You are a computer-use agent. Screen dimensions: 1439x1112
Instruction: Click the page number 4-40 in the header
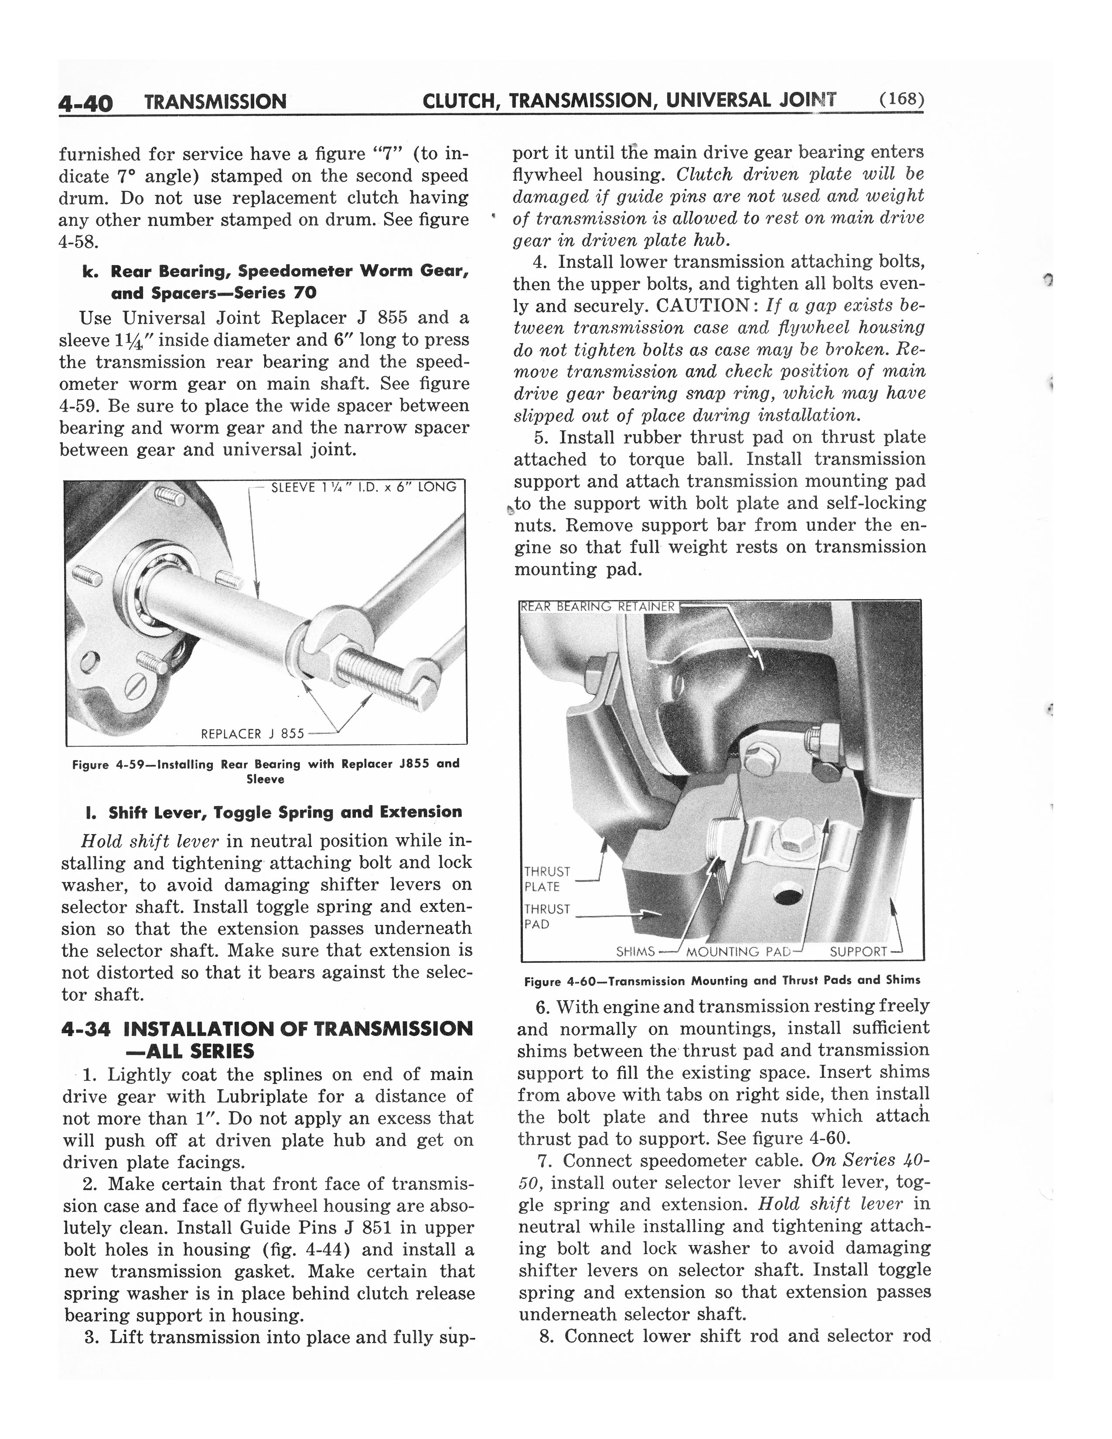[85, 103]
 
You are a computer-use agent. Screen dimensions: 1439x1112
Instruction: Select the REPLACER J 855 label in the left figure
[252, 733]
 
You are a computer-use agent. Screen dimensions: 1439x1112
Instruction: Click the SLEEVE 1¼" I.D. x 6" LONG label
[364, 487]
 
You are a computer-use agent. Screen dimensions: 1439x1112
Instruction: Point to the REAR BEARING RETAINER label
[598, 606]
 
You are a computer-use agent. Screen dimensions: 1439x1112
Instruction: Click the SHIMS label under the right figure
[635, 951]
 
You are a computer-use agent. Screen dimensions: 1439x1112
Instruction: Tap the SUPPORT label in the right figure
[858, 951]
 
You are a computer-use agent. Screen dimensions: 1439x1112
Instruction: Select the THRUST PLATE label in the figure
[547, 879]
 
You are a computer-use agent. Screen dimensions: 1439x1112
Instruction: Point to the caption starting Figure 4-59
[266, 771]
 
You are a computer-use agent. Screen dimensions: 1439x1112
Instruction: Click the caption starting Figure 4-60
[722, 980]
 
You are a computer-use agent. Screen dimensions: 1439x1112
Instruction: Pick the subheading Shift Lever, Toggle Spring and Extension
[285, 812]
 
